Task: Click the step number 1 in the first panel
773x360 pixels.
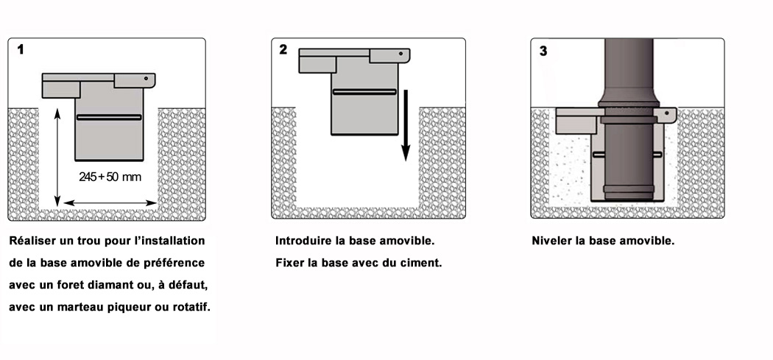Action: point(21,50)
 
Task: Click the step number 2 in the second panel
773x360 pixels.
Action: point(283,50)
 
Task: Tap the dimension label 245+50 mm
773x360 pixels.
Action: point(109,177)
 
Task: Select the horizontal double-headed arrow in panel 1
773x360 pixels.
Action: point(110,202)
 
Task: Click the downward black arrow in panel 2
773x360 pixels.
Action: point(404,125)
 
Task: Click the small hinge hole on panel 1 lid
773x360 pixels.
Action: point(147,78)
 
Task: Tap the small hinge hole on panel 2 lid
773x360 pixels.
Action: point(402,53)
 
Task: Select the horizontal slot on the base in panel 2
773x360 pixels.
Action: point(364,92)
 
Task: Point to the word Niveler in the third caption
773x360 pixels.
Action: point(551,241)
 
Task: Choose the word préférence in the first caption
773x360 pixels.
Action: point(176,262)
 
